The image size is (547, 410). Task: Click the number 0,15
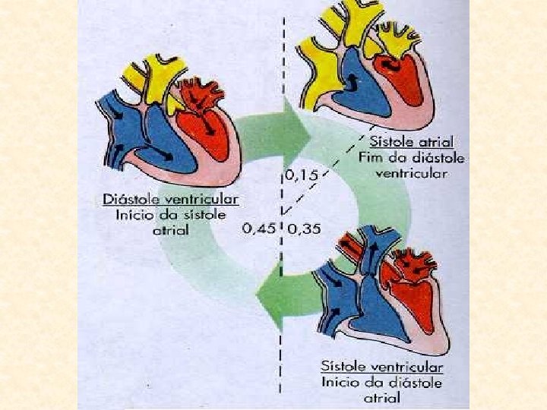point(302,175)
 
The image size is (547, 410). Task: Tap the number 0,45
point(258,227)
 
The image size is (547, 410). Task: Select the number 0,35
point(305,228)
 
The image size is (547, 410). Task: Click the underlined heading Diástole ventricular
point(171,199)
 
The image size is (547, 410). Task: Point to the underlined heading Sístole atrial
point(411,142)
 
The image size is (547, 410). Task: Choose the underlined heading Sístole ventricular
point(381,366)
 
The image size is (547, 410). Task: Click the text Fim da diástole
point(411,158)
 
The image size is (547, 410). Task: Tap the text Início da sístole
point(171,215)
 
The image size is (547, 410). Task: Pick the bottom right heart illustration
point(380,292)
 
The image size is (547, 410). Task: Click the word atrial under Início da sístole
point(171,230)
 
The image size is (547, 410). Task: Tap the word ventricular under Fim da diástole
point(411,173)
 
